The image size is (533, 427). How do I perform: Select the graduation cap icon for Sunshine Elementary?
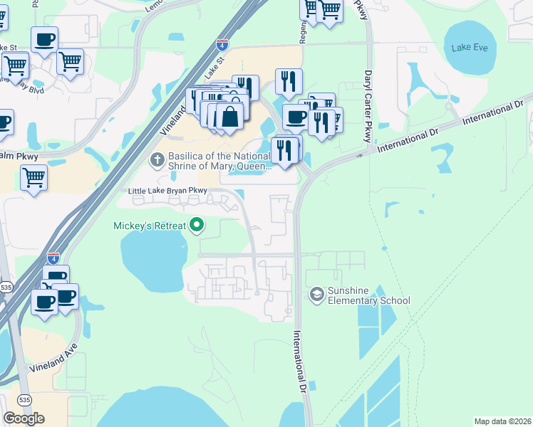click(316, 294)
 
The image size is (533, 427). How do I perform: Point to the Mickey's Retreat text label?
click(150, 226)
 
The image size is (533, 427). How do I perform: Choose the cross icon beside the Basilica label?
click(157, 158)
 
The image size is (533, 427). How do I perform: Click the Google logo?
click(24, 418)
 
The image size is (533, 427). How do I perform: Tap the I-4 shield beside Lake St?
click(223, 45)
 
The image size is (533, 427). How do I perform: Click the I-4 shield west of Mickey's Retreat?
click(53, 258)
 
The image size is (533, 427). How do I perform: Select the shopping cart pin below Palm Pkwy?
click(33, 178)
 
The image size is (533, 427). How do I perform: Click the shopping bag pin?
click(230, 115)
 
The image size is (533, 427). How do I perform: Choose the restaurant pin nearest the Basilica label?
click(284, 151)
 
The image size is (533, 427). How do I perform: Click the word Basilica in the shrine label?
click(187, 157)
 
